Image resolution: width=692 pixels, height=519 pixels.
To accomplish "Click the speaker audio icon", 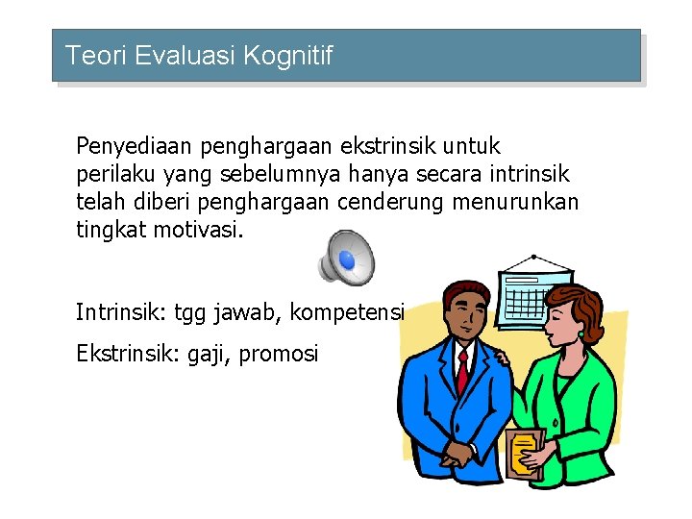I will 347,257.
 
